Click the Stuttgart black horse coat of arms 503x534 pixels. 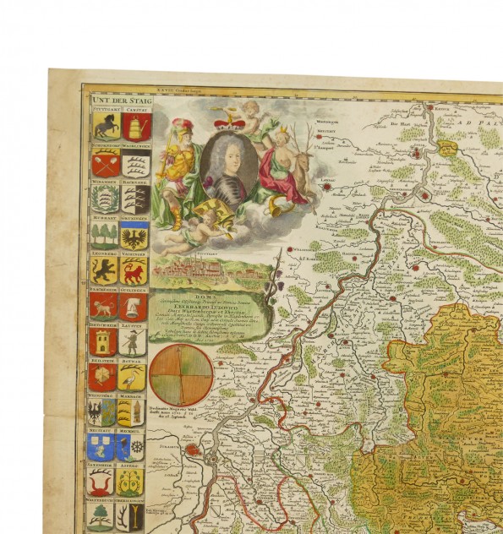tap(105, 127)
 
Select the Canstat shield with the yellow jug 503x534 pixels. tap(136, 127)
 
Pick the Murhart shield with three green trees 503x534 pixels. tap(105, 234)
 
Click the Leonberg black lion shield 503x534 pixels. tap(105, 270)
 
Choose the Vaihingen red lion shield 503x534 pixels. tap(135, 270)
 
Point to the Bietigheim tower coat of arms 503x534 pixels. tap(104, 342)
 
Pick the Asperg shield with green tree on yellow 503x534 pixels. tap(132, 482)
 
